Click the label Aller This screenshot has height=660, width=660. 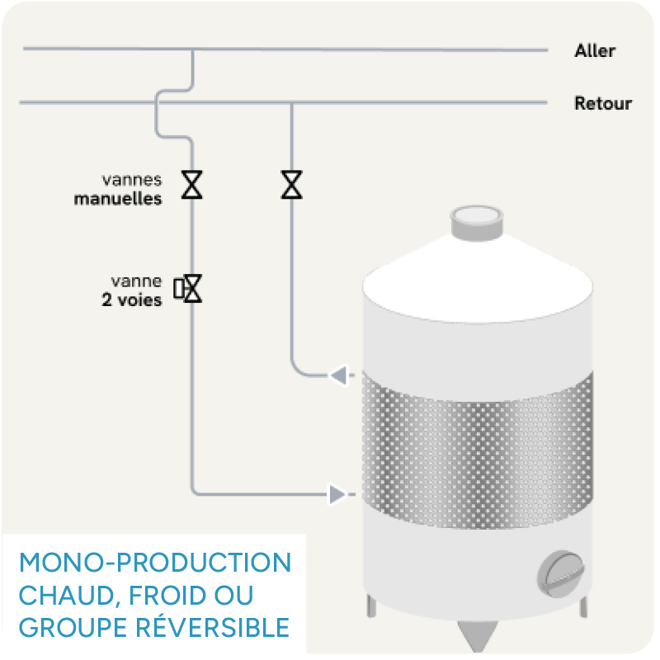pyautogui.click(x=595, y=51)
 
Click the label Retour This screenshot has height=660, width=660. pyautogui.click(x=603, y=104)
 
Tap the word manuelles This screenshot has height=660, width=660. pyautogui.click(x=118, y=199)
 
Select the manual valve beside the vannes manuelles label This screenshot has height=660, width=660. pyautogui.click(x=192, y=185)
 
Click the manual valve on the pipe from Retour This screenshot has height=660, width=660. pyautogui.click(x=291, y=185)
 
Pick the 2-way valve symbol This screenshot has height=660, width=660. pyautogui.click(x=191, y=288)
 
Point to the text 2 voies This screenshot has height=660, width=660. pyautogui.click(x=132, y=300)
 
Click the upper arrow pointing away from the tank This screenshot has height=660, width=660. pyautogui.click(x=339, y=376)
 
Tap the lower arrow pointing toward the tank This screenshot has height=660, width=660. pyautogui.click(x=337, y=494)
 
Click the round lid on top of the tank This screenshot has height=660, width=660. pyautogui.click(x=477, y=219)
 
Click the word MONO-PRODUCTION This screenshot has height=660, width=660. pyautogui.click(x=155, y=563)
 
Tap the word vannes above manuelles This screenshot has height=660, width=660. pyautogui.click(x=132, y=179)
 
